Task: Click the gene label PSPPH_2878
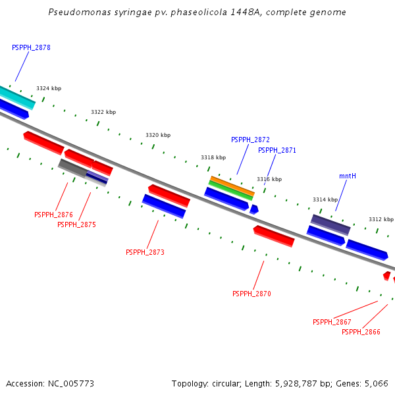coord(31,48)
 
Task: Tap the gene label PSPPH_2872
coord(250,140)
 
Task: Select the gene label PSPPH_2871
coord(276,151)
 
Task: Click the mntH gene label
coord(348,176)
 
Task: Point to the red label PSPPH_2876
coord(53,215)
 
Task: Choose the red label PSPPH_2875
coord(76,225)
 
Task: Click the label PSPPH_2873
coord(145,253)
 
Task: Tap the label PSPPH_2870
coord(251,294)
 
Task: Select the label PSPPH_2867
coord(332,323)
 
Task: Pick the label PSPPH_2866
coord(361,332)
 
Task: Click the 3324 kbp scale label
coord(49,88)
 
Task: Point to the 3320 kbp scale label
coord(158,135)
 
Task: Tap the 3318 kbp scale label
coord(213,158)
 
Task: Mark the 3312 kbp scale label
coord(381,220)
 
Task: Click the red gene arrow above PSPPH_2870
coord(274,236)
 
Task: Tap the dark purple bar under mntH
coord(330,224)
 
